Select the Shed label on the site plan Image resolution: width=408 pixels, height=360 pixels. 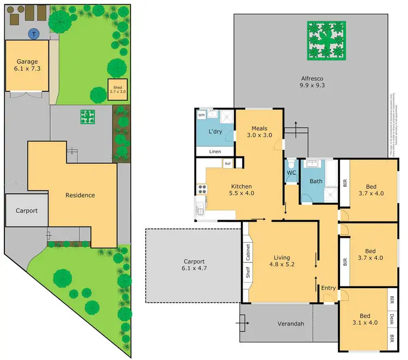tap(118, 89)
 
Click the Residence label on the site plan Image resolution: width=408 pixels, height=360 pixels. tap(80, 195)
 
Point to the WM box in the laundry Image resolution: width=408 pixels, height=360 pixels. tap(201, 115)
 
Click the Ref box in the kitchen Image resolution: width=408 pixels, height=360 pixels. tap(227, 163)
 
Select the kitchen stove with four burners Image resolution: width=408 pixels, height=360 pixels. tap(202, 190)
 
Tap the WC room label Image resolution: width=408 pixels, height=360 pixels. tap(291, 174)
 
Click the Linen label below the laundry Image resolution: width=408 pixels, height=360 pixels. tap(214, 151)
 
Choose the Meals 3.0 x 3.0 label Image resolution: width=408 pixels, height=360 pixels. tap(258, 131)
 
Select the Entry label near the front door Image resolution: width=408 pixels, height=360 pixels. tap(328, 288)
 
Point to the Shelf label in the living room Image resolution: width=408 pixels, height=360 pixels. tap(247, 273)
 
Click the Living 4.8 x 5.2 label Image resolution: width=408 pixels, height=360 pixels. tap(282, 261)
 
